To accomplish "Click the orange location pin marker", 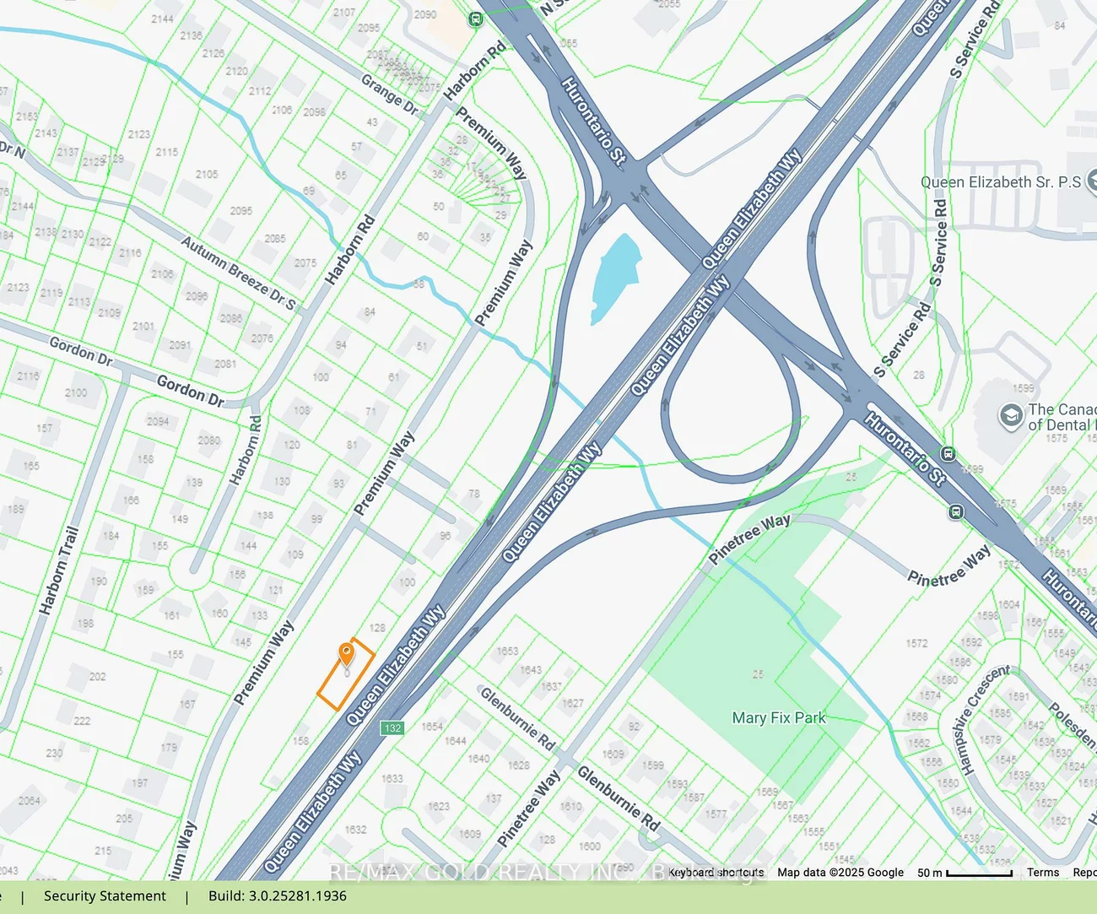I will [346, 654].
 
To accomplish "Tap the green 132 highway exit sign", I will [392, 727].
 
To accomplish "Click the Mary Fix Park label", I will [779, 717].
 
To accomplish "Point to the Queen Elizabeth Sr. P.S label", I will [1000, 182].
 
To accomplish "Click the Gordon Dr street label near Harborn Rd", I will [191, 392].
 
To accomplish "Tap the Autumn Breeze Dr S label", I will [238, 272].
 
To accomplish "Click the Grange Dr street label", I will [389, 95].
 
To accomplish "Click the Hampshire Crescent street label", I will [986, 719].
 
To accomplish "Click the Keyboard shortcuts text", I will [716, 873].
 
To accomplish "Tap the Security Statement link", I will [105, 895].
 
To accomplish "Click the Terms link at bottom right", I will [1043, 873].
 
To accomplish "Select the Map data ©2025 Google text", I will [840, 873].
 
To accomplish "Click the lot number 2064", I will [30, 800].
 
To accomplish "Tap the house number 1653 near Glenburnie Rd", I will [507, 651].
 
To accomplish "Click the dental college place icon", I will [1010, 415].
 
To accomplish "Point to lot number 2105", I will [207, 174].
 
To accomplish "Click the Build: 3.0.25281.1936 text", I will [278, 895].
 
